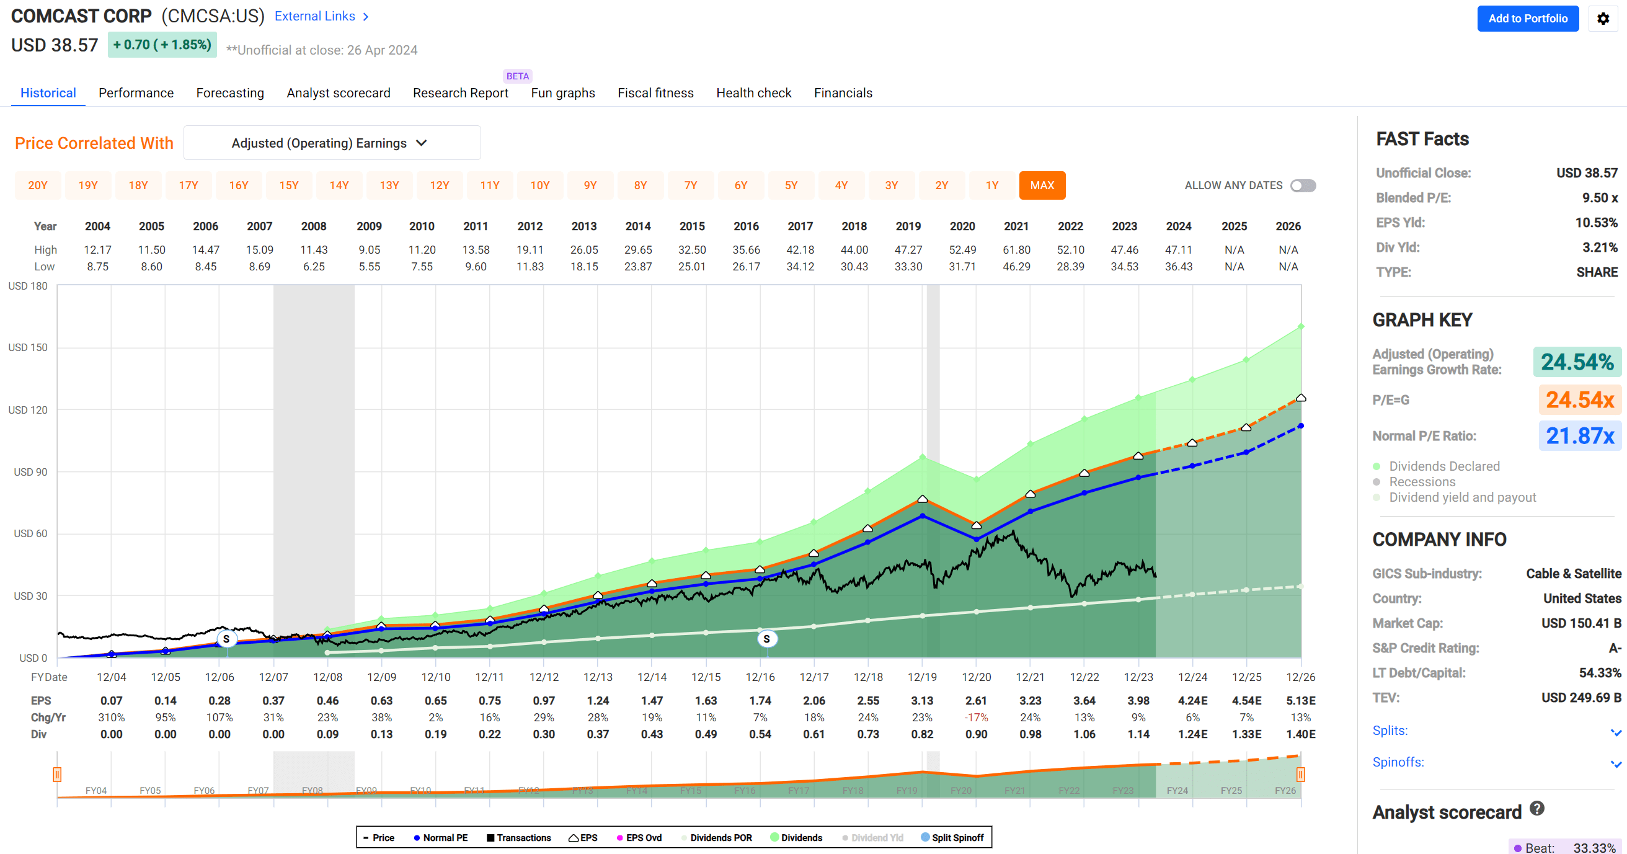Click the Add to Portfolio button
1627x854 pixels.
coord(1527,19)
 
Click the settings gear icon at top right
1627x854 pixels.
coord(1602,19)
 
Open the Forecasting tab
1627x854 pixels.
coord(230,93)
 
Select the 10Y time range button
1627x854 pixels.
coord(539,185)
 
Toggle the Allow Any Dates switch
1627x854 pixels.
coord(1302,185)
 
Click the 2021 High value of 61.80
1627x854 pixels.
coord(1016,249)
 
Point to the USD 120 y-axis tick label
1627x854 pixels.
coord(28,410)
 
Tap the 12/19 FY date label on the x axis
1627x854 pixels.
coord(921,677)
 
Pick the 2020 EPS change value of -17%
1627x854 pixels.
coord(976,718)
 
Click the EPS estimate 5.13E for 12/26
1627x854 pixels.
coord(1300,701)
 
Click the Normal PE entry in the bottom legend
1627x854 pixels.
coord(441,838)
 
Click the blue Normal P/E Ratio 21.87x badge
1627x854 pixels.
coord(1579,436)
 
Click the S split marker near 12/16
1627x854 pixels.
coord(766,639)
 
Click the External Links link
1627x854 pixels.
coord(321,16)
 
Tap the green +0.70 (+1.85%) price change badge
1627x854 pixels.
coord(162,45)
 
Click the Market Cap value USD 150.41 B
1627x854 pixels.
coord(1581,623)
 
